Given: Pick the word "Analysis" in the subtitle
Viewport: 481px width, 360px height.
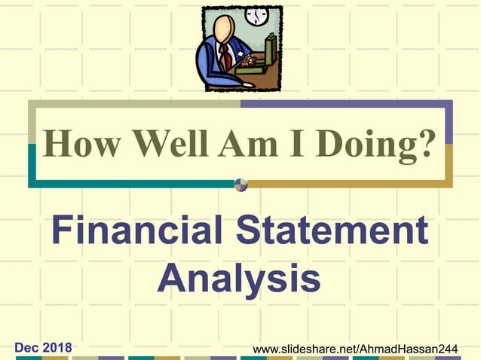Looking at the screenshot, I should tap(239, 278).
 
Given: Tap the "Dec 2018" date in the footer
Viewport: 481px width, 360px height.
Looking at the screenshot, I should tap(44, 347).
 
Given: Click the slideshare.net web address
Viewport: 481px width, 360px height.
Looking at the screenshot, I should tap(365, 349).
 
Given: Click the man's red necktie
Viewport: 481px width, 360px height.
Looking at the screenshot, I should tap(225, 56).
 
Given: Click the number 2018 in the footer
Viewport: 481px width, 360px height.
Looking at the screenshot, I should tap(57, 347).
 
